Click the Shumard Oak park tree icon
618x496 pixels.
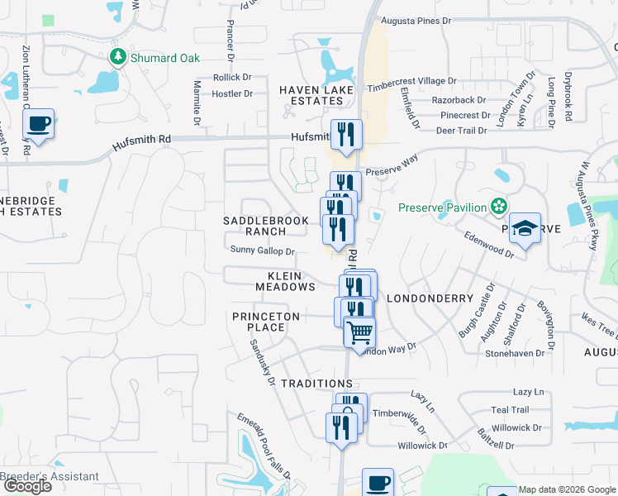[118, 58]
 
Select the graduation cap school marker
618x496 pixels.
[524, 228]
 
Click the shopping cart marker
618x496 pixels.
[359, 333]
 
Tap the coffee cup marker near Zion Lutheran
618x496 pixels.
[38, 125]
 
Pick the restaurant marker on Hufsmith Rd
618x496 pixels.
[345, 136]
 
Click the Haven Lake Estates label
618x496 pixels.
[316, 95]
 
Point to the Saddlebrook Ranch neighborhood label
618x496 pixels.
[265, 226]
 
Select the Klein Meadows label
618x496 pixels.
[285, 281]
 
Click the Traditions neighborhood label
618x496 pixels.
[316, 384]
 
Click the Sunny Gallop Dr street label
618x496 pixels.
[263, 250]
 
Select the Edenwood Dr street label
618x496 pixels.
[489, 246]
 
